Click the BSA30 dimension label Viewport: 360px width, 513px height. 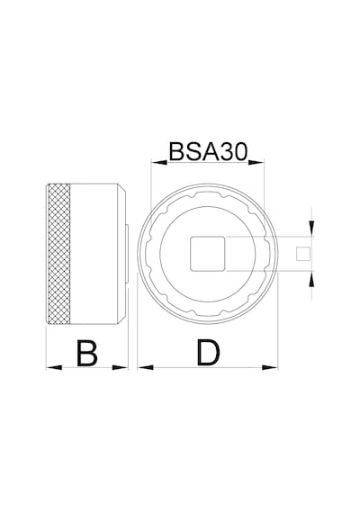click(208, 152)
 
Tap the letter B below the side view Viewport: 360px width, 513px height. click(86, 353)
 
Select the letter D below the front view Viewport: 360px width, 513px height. click(209, 353)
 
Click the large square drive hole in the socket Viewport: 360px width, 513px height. click(208, 254)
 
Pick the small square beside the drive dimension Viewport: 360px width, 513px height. click(303, 254)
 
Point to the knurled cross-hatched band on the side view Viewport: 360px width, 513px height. click(58, 254)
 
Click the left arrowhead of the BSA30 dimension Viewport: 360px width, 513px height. click(159, 162)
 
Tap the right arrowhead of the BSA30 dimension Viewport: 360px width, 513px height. click(256, 162)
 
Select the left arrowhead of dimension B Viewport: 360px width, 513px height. click(54, 367)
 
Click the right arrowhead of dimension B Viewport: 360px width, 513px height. click(120, 367)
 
